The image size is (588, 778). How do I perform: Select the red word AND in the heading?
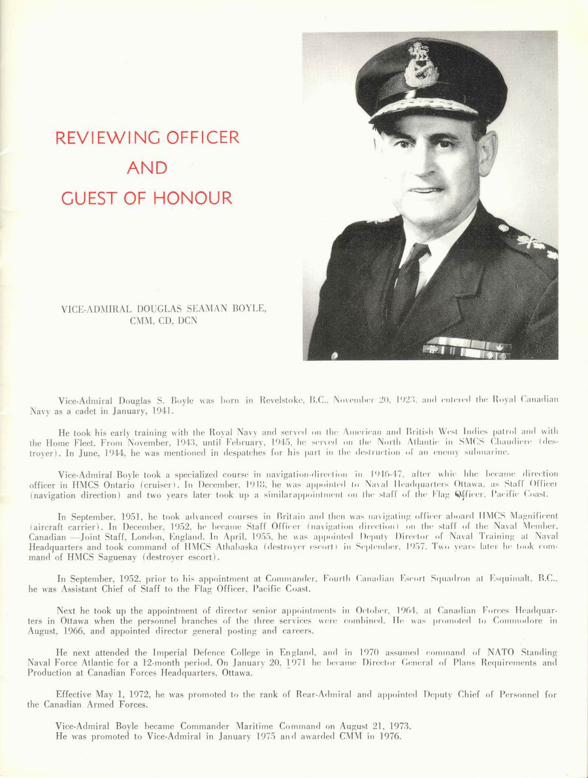(x=147, y=169)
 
